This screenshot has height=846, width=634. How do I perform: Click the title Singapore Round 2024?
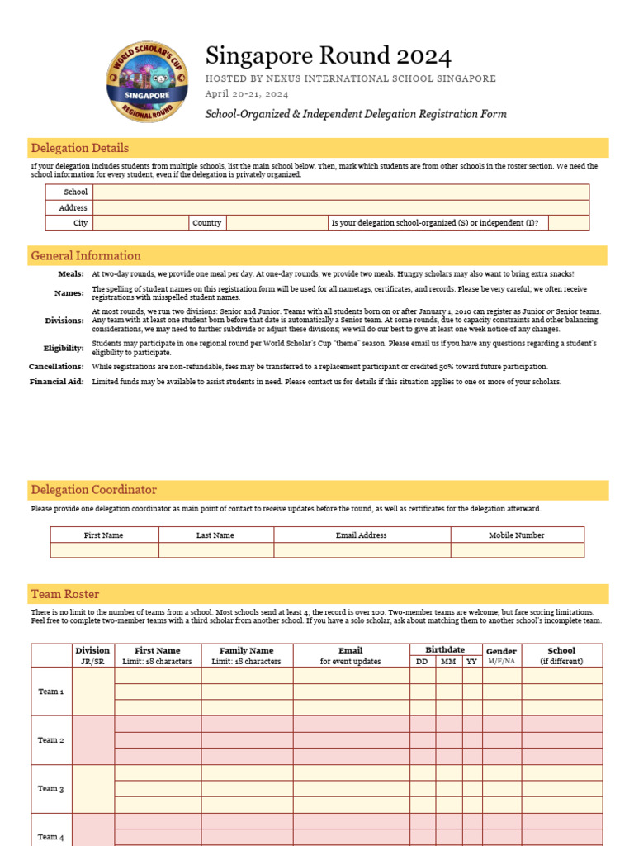click(x=328, y=56)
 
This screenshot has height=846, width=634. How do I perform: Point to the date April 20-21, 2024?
click(x=246, y=94)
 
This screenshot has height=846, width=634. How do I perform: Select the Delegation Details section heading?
click(x=79, y=149)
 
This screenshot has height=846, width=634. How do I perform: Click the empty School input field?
click(x=341, y=192)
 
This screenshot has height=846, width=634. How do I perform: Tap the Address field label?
click(x=73, y=207)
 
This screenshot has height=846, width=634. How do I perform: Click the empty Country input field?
click(x=277, y=223)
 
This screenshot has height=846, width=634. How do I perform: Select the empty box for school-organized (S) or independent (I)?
click(x=568, y=223)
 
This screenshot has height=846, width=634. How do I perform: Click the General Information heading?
click(x=85, y=256)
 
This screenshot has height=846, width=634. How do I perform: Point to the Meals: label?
click(x=70, y=273)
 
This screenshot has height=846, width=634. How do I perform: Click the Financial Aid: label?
click(x=56, y=382)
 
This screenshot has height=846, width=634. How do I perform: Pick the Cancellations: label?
click(x=56, y=366)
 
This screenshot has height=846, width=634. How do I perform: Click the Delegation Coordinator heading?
click(x=93, y=490)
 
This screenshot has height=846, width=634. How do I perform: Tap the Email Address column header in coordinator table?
click(x=362, y=535)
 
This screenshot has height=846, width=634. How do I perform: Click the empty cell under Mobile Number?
click(x=517, y=550)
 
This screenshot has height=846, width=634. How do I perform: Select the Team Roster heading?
click(x=64, y=594)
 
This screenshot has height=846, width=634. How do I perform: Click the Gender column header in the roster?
click(x=501, y=652)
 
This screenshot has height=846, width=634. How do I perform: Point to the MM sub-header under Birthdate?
click(x=447, y=661)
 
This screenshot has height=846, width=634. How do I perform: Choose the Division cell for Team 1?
click(x=92, y=692)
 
